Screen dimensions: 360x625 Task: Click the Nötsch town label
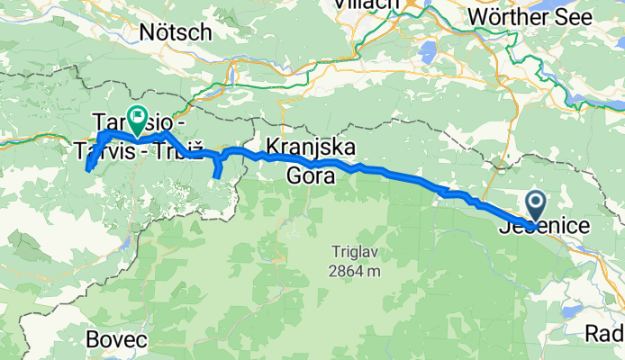176,32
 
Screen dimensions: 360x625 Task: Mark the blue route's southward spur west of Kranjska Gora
217,166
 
